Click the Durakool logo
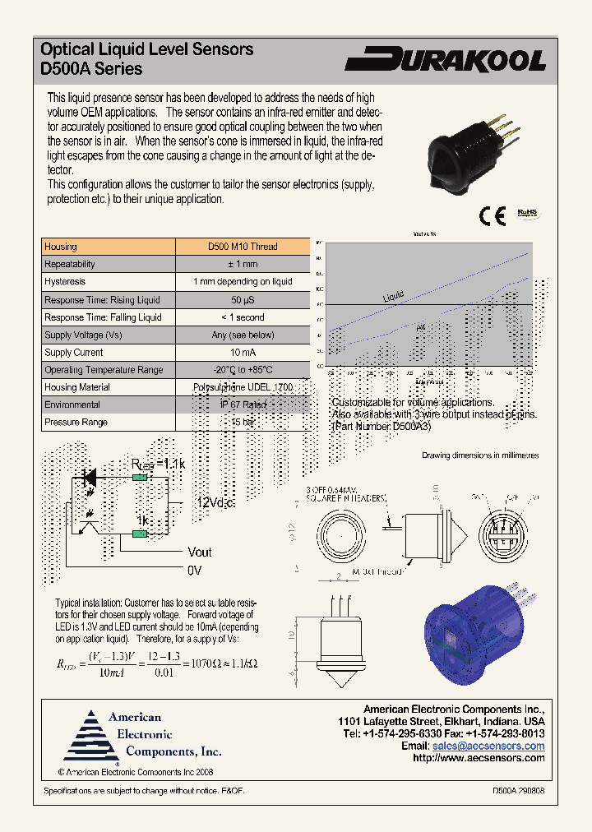[445, 60]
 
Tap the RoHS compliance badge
[526, 213]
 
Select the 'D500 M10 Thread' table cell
[243, 247]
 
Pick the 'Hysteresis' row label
[65, 282]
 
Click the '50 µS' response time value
[243, 300]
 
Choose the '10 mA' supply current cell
[243, 353]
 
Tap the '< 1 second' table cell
[243, 317]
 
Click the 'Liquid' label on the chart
[394, 296]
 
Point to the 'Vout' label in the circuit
[200, 552]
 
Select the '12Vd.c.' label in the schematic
[215, 503]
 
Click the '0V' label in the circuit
[194, 569]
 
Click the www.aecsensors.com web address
[479, 758]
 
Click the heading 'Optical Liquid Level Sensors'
[147, 49]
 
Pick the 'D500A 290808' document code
[518, 790]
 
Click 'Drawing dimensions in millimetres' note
[480, 455]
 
